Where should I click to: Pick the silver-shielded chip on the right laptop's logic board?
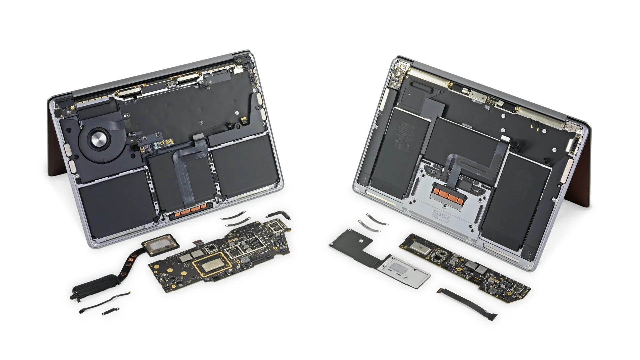pyautogui.click(x=419, y=247)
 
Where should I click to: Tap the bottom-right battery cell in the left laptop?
pyautogui.click(x=245, y=167)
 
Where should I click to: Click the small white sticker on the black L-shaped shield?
pyautogui.click(x=362, y=240)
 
